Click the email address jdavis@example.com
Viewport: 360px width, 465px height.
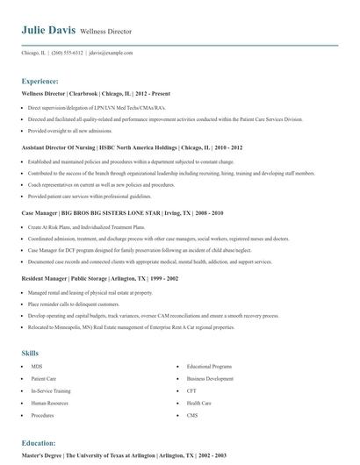[x=111, y=53]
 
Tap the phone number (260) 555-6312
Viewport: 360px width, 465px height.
[x=68, y=53]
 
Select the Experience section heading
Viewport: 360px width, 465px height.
[x=40, y=80]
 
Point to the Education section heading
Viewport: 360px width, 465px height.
[x=39, y=443]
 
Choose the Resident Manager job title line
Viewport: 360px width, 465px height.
[x=100, y=277]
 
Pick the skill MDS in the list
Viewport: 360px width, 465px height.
[x=36, y=366]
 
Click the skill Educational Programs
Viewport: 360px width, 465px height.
[x=209, y=366]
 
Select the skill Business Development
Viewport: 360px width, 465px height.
[x=210, y=378]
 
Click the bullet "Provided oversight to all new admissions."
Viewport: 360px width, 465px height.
[x=82, y=130]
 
